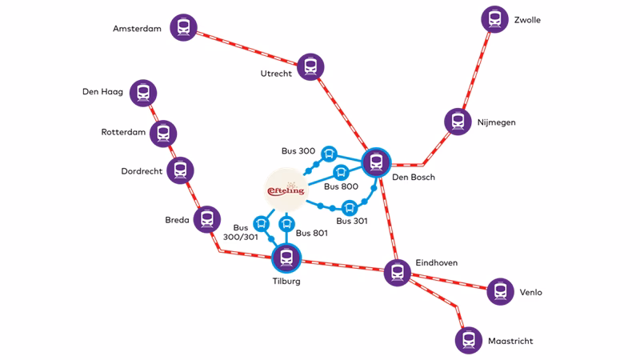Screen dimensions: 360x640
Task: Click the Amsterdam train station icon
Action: (184, 27)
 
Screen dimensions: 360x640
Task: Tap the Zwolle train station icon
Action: (495, 19)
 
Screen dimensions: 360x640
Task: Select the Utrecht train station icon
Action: (310, 66)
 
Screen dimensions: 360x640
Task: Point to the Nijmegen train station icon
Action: (458, 122)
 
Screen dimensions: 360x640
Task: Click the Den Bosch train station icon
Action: (376, 162)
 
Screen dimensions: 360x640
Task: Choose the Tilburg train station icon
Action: (286, 258)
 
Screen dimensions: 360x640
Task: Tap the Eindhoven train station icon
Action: (397, 272)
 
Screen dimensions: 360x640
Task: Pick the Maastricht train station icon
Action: (469, 340)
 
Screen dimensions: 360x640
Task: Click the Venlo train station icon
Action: (500, 291)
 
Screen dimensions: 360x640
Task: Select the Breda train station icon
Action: (207, 219)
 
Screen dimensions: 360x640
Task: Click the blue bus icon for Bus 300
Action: (329, 154)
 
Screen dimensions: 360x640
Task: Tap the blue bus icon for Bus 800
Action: (341, 172)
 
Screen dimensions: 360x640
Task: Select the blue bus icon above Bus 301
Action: (349, 207)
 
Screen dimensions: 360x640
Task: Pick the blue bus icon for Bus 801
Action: (286, 223)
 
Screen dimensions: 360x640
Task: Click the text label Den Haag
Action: (102, 92)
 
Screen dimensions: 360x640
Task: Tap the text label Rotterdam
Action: (123, 132)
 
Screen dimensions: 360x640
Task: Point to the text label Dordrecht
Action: (142, 171)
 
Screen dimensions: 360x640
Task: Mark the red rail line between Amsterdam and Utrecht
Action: (248, 47)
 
